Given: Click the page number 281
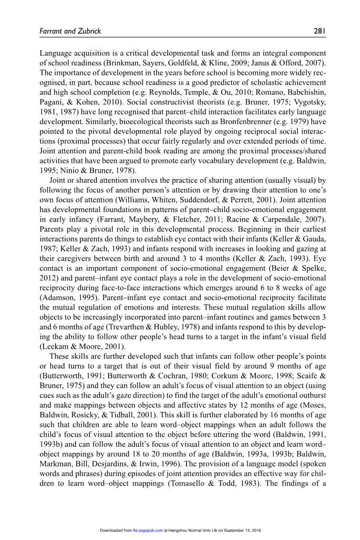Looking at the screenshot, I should click(x=320, y=31).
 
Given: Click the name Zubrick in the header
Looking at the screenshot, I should click(x=88, y=31).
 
